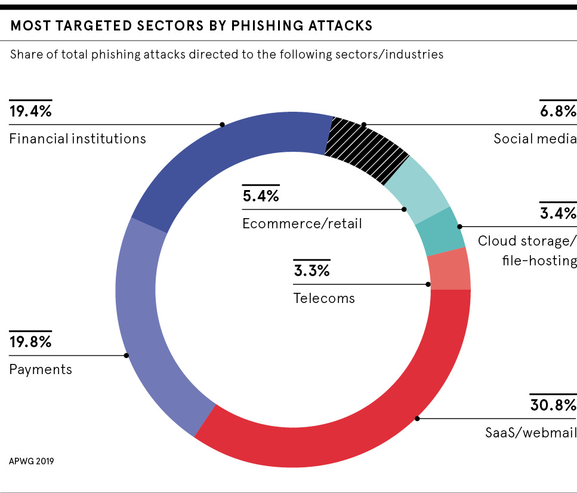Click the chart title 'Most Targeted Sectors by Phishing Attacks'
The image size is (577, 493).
point(192,26)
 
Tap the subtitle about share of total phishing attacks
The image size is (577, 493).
point(227,54)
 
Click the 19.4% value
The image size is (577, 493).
point(30,111)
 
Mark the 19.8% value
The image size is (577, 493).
point(30,342)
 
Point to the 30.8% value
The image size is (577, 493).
point(553,405)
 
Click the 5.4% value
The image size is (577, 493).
point(261,196)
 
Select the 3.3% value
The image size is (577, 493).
point(311,271)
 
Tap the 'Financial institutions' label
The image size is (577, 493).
point(78,139)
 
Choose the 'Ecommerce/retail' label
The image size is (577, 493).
point(302,223)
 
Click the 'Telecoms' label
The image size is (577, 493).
point(324,298)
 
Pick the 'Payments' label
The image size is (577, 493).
point(41,369)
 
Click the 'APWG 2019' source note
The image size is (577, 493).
point(31,461)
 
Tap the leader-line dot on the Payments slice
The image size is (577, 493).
point(126,356)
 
